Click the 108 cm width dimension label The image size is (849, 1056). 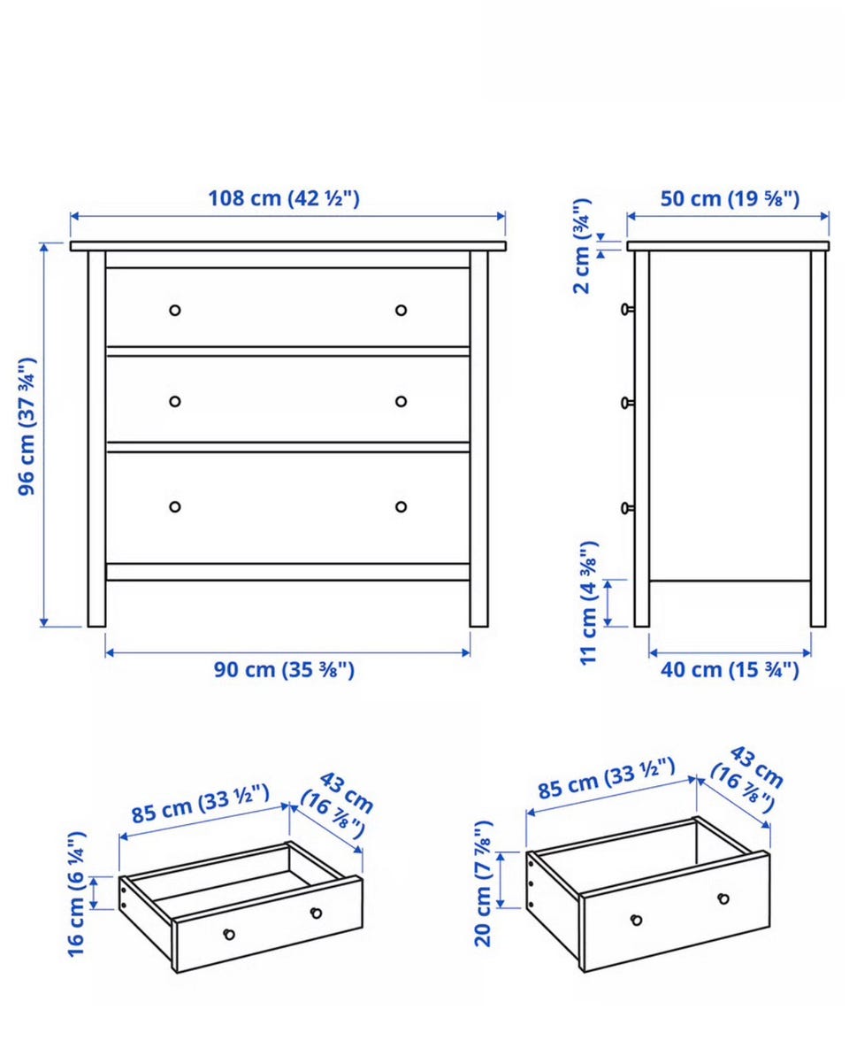[283, 198]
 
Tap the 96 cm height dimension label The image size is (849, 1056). [27, 427]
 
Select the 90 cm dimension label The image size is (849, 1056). [284, 670]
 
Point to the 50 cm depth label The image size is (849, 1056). [730, 198]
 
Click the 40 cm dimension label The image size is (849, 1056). [730, 670]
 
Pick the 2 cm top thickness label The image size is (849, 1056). [582, 246]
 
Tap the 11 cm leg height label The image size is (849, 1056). [588, 603]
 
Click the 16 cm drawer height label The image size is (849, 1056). [76, 894]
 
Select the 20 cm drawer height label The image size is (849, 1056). [483, 883]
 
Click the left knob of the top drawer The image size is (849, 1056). [175, 311]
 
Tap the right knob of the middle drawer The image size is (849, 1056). [401, 401]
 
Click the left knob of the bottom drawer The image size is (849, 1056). [175, 506]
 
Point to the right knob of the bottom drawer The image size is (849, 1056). [401, 506]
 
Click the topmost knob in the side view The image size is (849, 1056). [627, 309]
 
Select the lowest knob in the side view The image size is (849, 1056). [627, 508]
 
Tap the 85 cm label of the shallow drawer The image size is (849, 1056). [201, 803]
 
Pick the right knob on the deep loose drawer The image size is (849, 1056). [724, 898]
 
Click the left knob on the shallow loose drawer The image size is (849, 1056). [229, 934]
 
